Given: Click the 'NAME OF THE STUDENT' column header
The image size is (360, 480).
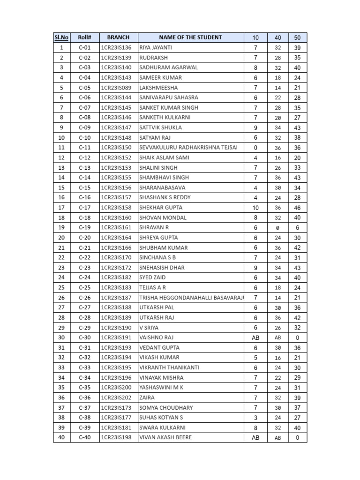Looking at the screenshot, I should click(190, 37).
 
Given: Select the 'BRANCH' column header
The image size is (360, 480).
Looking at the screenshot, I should click(118, 37).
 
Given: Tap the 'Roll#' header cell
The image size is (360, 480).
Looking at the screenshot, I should click(84, 37).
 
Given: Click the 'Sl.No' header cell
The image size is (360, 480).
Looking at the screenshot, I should click(61, 37).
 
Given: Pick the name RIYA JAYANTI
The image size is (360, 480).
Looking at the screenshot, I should click(156, 48).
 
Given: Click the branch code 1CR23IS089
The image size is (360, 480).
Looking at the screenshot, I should click(116, 88).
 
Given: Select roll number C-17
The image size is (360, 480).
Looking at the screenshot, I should click(84, 208).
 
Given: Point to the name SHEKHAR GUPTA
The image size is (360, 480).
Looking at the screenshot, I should click(161, 208).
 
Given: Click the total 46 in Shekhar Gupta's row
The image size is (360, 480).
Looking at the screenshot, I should click(298, 208).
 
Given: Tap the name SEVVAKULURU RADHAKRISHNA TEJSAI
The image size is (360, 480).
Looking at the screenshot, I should click(188, 148).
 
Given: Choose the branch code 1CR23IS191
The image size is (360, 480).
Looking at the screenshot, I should click(116, 337).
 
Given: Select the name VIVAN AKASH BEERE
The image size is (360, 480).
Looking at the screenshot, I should click(165, 438).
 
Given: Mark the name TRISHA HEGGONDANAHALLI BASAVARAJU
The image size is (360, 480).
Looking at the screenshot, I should click(190, 298).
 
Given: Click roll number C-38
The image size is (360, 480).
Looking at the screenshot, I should click(84, 418).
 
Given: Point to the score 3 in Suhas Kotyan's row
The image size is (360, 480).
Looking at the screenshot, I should click(255, 418).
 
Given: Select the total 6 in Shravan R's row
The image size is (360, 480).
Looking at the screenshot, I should click(298, 228).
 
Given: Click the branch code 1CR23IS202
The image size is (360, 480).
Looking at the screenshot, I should click(116, 397).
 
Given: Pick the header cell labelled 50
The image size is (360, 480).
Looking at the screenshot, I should click(298, 37).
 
